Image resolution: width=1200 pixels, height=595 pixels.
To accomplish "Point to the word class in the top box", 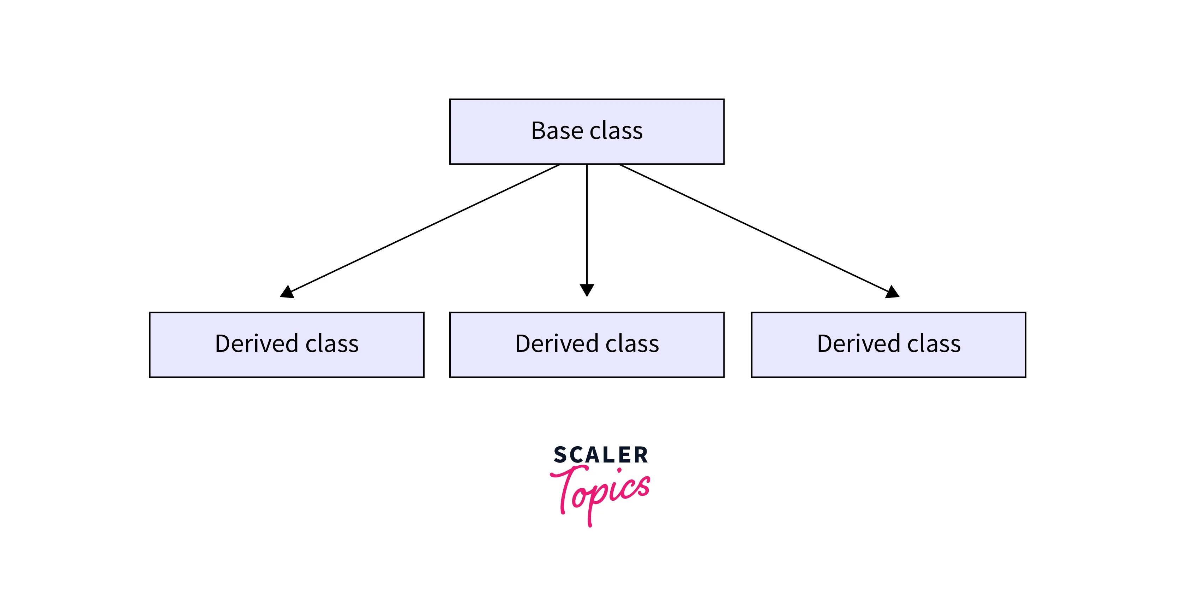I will point(616,131).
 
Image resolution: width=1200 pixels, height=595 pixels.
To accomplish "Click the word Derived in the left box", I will point(256,344).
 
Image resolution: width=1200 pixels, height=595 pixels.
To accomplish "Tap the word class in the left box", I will point(332,344).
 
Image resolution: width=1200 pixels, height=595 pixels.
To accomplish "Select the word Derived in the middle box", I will point(557,344).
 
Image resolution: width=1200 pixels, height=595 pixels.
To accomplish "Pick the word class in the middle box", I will point(632,344).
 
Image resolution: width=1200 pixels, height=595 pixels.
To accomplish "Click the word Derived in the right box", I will point(859,344).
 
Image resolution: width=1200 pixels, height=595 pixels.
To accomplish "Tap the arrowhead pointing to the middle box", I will point(587,290).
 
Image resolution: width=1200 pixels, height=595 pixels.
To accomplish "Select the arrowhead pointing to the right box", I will point(892,292).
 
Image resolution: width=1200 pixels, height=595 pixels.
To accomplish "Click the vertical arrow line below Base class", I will point(587,224).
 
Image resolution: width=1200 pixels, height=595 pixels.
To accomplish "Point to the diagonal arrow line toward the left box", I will point(424,229).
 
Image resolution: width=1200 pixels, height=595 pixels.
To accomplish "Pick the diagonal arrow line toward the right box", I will point(755,229).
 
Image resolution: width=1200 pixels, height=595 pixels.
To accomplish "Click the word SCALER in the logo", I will point(600,455).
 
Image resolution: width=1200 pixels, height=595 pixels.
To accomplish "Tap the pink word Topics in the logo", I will point(601,492).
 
